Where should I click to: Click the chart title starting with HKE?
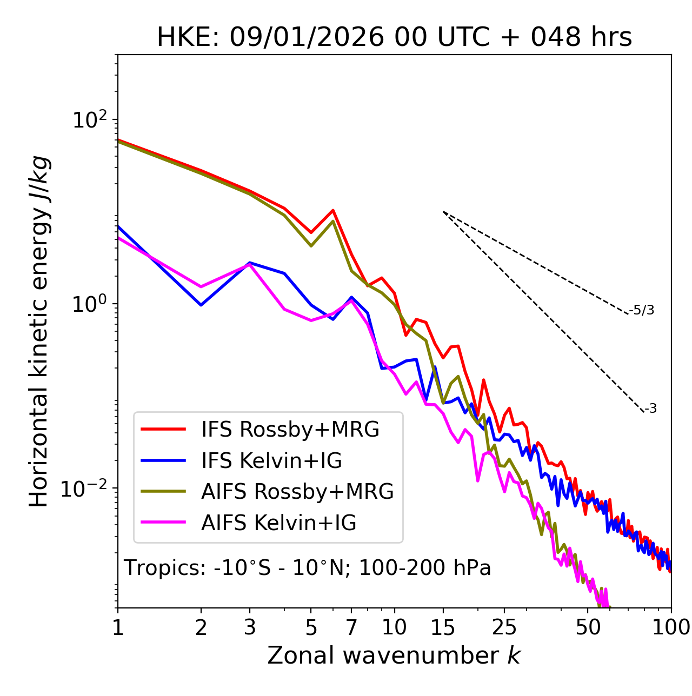[394, 38]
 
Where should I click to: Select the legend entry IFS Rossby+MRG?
[290, 430]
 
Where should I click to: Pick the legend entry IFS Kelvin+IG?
[271, 461]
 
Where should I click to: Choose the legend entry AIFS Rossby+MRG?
[297, 492]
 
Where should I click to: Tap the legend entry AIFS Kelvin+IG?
[278, 523]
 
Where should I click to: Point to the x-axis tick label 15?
[443, 627]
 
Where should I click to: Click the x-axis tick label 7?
[351, 627]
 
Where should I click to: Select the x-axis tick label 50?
[588, 627]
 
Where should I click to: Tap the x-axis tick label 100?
[671, 627]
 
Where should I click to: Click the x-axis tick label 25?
[504, 627]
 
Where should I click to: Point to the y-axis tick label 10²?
[90, 120]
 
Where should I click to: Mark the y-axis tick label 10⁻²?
[86, 488]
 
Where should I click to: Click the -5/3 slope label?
[642, 310]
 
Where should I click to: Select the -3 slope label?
[651, 409]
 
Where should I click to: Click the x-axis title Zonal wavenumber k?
[394, 655]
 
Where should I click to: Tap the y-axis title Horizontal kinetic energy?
[39, 331]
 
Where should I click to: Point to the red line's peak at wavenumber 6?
[333, 210]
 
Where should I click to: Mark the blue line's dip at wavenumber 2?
[201, 305]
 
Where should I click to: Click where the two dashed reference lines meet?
[443, 212]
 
